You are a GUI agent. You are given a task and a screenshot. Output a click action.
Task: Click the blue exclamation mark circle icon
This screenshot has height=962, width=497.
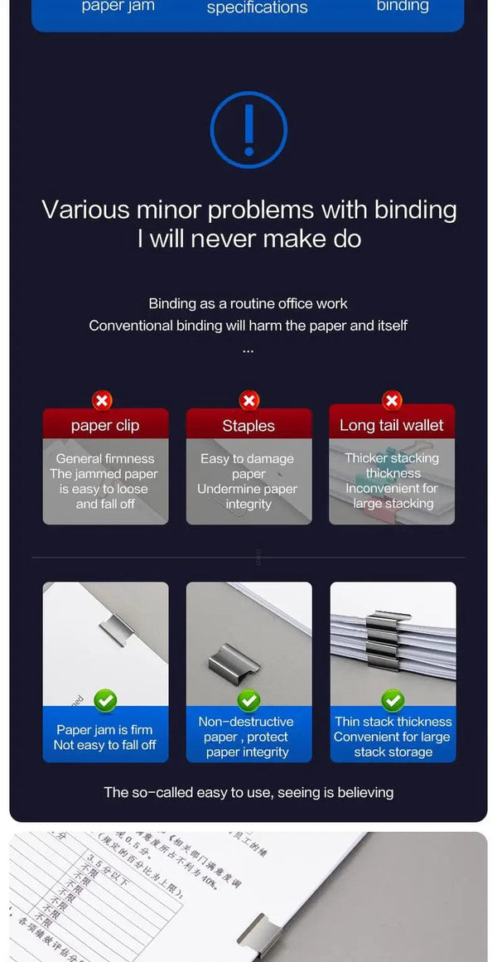[248, 130]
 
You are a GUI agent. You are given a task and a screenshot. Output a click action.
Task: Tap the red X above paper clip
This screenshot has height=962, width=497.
[102, 401]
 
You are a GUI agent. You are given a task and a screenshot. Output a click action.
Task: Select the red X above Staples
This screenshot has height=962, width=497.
[248, 401]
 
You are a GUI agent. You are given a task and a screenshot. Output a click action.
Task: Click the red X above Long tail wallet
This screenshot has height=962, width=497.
[392, 401]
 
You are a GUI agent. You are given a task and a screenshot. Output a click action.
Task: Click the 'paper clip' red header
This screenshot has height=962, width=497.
[105, 426]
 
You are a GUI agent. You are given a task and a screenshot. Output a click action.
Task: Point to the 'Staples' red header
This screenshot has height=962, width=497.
[248, 426]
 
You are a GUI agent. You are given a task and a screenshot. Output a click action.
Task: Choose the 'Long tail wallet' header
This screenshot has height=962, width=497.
[392, 426]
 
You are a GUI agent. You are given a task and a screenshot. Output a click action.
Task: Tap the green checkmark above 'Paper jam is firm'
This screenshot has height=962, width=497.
[105, 701]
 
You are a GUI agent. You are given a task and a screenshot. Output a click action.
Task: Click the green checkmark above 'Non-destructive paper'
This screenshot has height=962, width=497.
[248, 701]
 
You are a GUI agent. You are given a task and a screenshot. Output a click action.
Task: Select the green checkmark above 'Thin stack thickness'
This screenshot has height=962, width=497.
[393, 701]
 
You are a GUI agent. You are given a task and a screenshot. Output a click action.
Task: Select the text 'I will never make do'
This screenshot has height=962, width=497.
[249, 239]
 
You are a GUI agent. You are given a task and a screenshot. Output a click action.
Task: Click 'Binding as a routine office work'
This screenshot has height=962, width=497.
[248, 303]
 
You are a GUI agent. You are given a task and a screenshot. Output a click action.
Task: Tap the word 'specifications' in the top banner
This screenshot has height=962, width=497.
[257, 8]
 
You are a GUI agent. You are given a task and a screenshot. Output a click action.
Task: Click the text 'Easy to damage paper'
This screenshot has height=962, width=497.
[248, 466]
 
